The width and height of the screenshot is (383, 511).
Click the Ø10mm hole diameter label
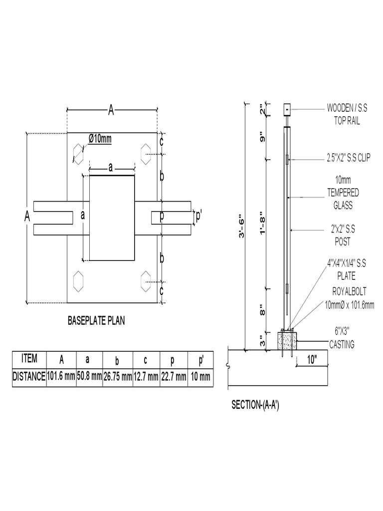pyautogui.click(x=100, y=138)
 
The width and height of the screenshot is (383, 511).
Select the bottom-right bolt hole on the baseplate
pyautogui.click(x=146, y=280)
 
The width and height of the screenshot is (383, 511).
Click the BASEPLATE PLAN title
pyautogui.click(x=96, y=321)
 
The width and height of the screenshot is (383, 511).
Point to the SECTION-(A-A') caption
pyautogui.click(x=255, y=405)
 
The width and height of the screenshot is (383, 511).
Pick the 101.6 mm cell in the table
pyautogui.click(x=61, y=377)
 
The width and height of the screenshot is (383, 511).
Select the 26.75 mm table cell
pyautogui.click(x=118, y=377)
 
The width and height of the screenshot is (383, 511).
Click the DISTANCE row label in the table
pyautogui.click(x=29, y=377)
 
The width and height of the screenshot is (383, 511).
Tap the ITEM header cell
pyautogui.click(x=29, y=358)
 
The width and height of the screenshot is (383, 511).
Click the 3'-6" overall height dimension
pyautogui.click(x=242, y=227)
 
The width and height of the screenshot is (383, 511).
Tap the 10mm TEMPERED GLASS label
pyautogui.click(x=343, y=192)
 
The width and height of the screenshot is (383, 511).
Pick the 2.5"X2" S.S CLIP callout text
pyautogui.click(x=349, y=159)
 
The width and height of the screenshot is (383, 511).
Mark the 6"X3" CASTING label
pyautogui.click(x=343, y=338)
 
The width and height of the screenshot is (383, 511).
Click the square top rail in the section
pyautogui.click(x=287, y=108)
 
